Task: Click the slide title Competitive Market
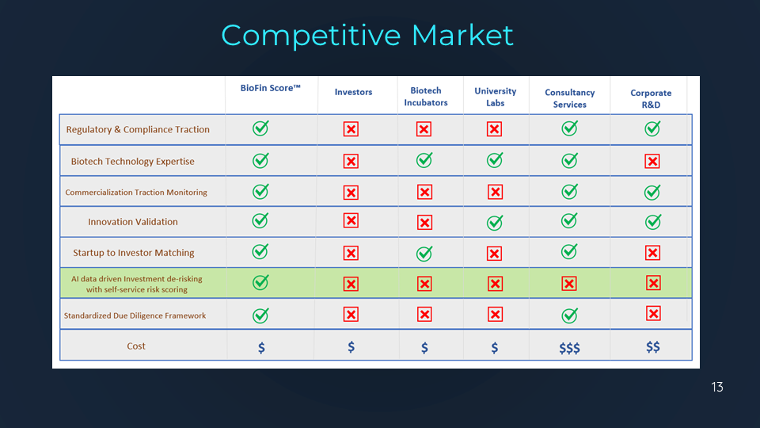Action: tap(367, 36)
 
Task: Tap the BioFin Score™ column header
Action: tap(271, 88)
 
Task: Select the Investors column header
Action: tap(353, 92)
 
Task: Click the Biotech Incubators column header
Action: tap(426, 97)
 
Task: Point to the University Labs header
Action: tap(495, 97)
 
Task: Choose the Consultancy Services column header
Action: tap(569, 98)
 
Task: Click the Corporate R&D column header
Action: tap(651, 98)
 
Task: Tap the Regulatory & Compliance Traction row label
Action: tap(138, 129)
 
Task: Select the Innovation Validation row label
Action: tap(133, 222)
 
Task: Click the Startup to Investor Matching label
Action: tap(133, 253)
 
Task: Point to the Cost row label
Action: tap(136, 346)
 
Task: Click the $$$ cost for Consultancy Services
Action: tap(569, 348)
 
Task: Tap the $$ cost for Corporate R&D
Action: tap(653, 347)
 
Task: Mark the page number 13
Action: tap(717, 387)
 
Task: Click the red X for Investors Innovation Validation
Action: tap(351, 221)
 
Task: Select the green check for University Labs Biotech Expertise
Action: tap(495, 160)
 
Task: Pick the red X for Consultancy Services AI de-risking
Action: tap(569, 284)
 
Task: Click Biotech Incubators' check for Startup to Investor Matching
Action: tap(424, 254)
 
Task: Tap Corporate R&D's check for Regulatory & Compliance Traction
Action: tap(652, 128)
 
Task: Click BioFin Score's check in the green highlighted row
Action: tap(260, 282)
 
